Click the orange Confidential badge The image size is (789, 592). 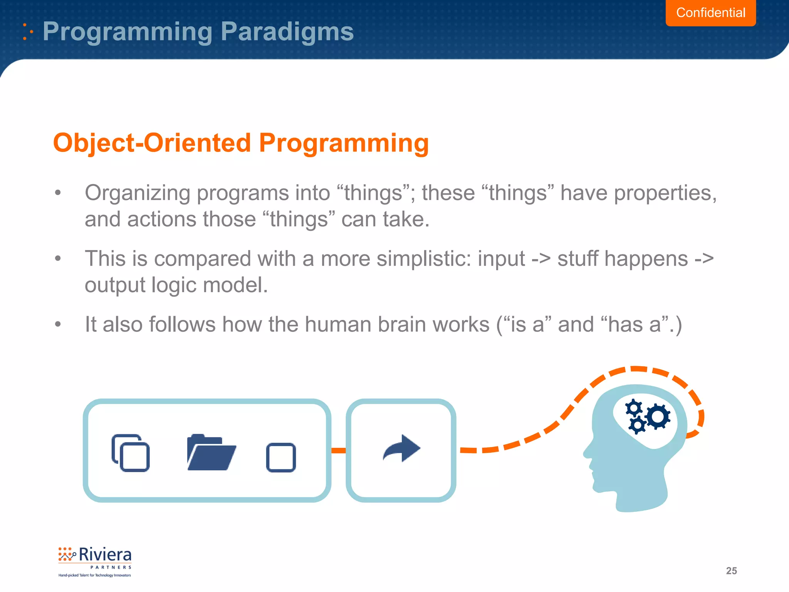coord(710,13)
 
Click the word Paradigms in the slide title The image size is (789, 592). coord(287,32)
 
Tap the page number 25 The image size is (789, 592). coord(731,571)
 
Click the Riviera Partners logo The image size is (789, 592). coord(95,561)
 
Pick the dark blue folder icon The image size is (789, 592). coord(211,453)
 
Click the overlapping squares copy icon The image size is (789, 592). coord(131,453)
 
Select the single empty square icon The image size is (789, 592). coord(281,457)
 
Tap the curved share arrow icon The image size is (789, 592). coord(401,449)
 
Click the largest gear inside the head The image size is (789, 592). coord(658,416)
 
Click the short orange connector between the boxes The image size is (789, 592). coord(339,450)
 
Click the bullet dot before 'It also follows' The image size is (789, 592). coord(58,324)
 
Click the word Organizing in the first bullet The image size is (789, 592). coord(138,193)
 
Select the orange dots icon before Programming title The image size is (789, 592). coord(27,32)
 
